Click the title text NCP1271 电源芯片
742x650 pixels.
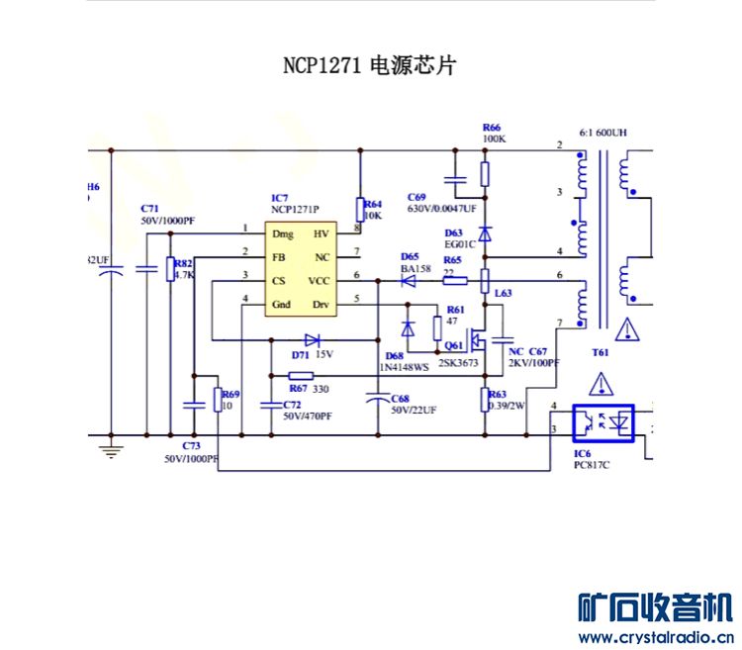coord(369,66)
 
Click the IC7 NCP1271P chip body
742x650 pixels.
coord(301,268)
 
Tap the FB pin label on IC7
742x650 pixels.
coord(280,257)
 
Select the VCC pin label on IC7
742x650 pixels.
coord(320,281)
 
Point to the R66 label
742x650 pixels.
coord(491,128)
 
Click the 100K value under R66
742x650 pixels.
coord(494,139)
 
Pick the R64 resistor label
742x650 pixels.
coord(373,204)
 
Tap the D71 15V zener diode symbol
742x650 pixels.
coord(312,340)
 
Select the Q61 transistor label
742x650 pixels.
coord(454,345)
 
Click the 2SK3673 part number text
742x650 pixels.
coord(458,363)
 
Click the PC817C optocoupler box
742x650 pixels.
coord(604,423)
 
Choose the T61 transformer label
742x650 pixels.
coord(600,352)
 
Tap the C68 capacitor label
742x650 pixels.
coord(399,398)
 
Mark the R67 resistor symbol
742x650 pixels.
coord(301,376)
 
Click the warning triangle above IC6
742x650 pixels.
coord(604,385)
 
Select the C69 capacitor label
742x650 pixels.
coord(417,197)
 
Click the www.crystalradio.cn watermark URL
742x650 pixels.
coord(655,636)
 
